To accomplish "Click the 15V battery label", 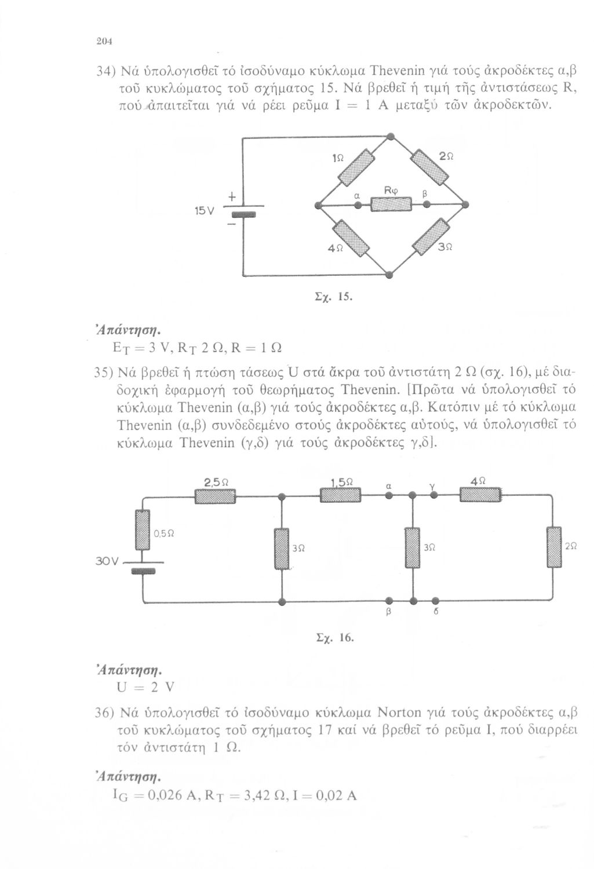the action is click(204, 211).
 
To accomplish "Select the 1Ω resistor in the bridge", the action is click(356, 167).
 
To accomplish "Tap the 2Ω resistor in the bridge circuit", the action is click(429, 167).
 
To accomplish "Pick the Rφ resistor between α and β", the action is click(391, 204).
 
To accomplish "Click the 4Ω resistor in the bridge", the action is click(352, 238).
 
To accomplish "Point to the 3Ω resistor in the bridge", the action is click(431, 236).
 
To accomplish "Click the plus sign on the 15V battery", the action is click(232, 197).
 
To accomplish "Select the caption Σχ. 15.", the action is click(333, 297).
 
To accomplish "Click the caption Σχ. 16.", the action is click(335, 637).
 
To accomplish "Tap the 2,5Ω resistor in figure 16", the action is click(215, 496).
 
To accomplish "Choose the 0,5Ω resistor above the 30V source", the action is click(143, 530).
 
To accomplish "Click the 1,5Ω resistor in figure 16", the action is click(340, 495).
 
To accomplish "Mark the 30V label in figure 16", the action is click(106, 561).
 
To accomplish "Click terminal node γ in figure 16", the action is click(433, 495).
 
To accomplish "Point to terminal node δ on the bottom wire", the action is click(436, 601).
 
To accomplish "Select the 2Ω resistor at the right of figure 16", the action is click(554, 547).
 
